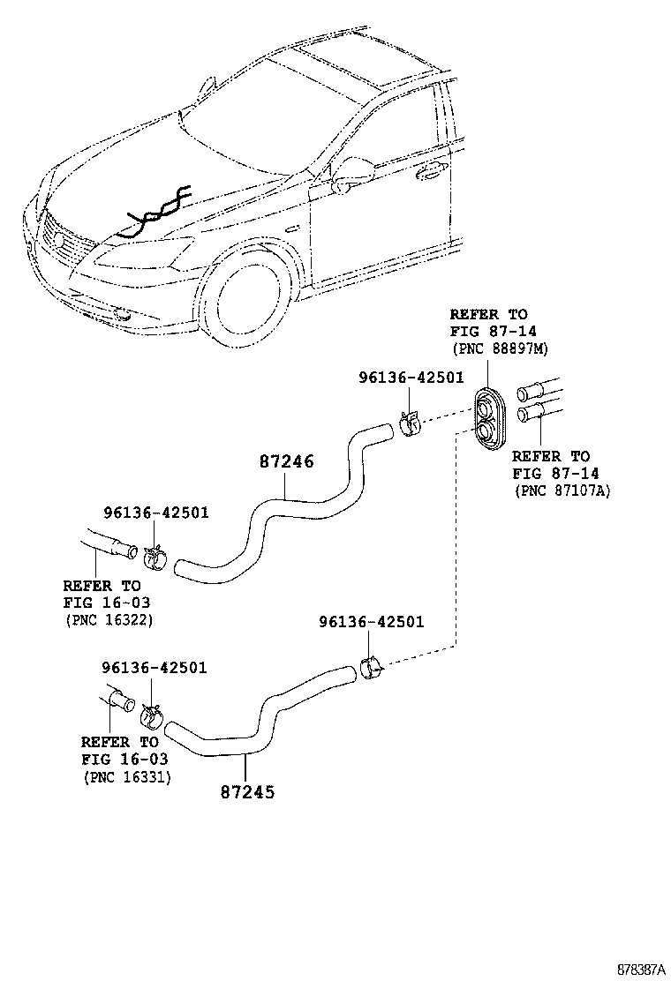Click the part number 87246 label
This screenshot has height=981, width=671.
(287, 461)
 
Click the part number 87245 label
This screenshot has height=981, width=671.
(247, 791)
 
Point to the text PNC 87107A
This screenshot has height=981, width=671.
(562, 491)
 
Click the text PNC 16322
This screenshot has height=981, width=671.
(109, 621)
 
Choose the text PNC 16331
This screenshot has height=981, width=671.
(127, 777)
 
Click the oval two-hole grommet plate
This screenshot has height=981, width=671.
(488, 417)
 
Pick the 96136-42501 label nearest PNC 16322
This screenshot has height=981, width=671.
(155, 513)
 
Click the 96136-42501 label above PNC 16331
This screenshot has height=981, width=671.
(154, 668)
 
